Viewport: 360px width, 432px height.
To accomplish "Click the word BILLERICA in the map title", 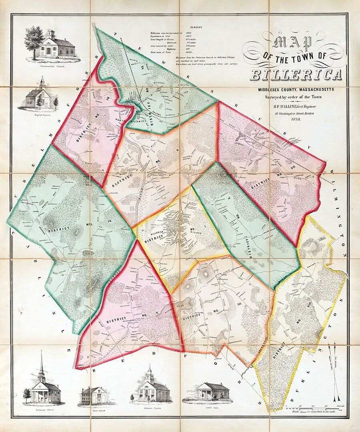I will click(x=296, y=75).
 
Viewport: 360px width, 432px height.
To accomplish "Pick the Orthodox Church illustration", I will click(x=150, y=386).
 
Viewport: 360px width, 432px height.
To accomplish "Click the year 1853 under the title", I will click(x=296, y=119).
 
